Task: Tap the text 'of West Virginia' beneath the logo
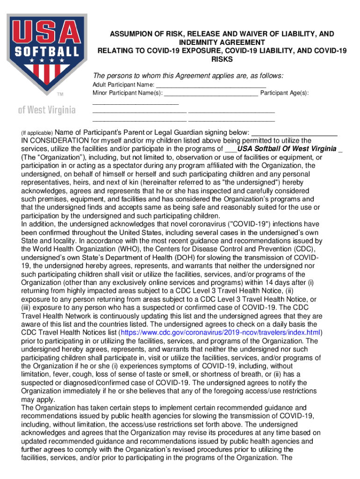click(47, 110)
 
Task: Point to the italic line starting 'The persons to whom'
click(188, 76)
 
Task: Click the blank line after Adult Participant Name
click(210, 85)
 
